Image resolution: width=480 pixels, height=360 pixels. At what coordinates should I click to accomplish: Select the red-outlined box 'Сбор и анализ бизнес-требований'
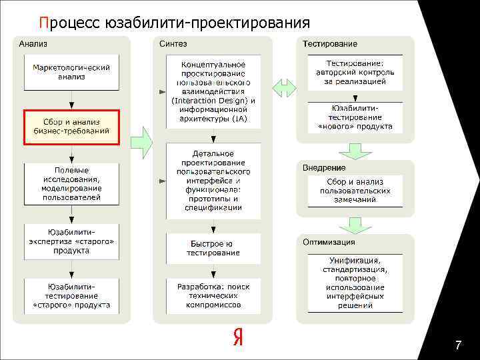click(x=71, y=127)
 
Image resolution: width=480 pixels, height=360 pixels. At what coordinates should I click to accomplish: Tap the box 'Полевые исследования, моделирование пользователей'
click(x=71, y=183)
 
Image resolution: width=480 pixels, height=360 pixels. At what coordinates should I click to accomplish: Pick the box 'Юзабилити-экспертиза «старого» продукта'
click(x=71, y=241)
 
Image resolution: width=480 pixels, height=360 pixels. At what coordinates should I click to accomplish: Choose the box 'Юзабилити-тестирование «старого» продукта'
click(x=71, y=295)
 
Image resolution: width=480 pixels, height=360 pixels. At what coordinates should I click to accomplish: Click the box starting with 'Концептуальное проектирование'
click(x=213, y=91)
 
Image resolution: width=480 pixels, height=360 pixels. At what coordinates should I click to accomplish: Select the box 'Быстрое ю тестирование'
click(x=213, y=248)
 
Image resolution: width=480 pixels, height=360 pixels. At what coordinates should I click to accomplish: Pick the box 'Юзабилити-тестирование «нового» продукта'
click(x=355, y=117)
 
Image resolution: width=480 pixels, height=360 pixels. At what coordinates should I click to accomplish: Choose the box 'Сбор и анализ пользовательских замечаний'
click(x=355, y=191)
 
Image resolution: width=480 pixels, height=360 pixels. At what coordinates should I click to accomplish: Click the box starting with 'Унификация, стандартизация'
click(x=355, y=283)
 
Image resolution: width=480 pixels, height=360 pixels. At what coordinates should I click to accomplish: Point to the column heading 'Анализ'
click(x=33, y=44)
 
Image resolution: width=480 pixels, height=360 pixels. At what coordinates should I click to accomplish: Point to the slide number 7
click(x=457, y=345)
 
